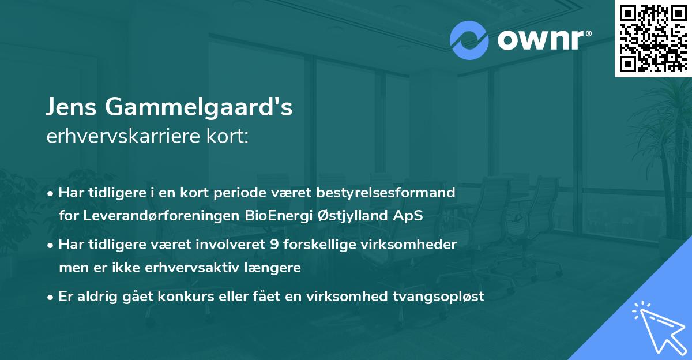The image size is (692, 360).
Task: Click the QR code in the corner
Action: [653, 38]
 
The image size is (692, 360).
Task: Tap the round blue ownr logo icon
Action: [469, 40]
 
